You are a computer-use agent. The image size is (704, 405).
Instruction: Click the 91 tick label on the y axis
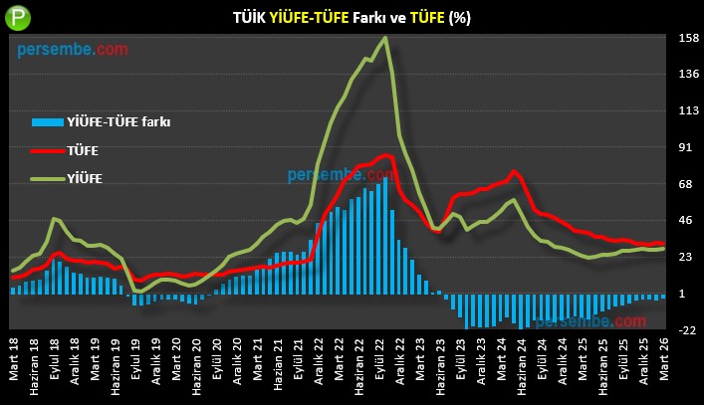click(x=685, y=148)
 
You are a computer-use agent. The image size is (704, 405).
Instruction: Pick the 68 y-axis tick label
click(x=685, y=185)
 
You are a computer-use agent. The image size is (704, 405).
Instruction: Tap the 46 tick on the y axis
click(x=685, y=221)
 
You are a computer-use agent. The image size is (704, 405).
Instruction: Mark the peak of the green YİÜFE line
click(x=385, y=38)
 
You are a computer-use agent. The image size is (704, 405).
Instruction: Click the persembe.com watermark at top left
click(x=72, y=47)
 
